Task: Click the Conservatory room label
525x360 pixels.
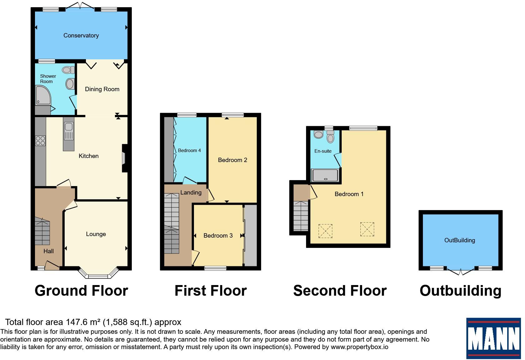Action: tap(81, 35)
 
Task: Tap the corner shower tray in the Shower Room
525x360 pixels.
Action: tap(43, 95)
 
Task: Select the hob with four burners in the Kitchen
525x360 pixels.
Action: tap(40, 141)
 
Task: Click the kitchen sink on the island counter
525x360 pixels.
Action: tap(69, 131)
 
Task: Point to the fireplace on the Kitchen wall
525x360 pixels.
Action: tap(125, 158)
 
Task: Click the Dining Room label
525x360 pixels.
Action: tap(102, 89)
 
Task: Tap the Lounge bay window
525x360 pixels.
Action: tap(98, 273)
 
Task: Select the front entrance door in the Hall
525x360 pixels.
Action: tap(52, 265)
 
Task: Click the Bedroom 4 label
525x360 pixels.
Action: tap(189, 150)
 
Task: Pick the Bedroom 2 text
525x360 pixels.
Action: tap(232, 160)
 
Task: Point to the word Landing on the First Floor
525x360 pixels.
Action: tap(191, 193)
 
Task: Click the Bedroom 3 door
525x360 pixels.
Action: tap(196, 258)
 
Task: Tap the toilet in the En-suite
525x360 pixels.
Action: tap(330, 137)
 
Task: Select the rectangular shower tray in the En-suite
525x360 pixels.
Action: tap(325, 175)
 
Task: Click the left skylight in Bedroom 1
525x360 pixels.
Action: tap(325, 231)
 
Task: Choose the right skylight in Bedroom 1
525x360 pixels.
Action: tap(367, 229)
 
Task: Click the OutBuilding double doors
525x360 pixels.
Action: tap(461, 271)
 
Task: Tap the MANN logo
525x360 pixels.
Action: tap(493, 338)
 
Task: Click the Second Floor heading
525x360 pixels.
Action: tap(340, 291)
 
